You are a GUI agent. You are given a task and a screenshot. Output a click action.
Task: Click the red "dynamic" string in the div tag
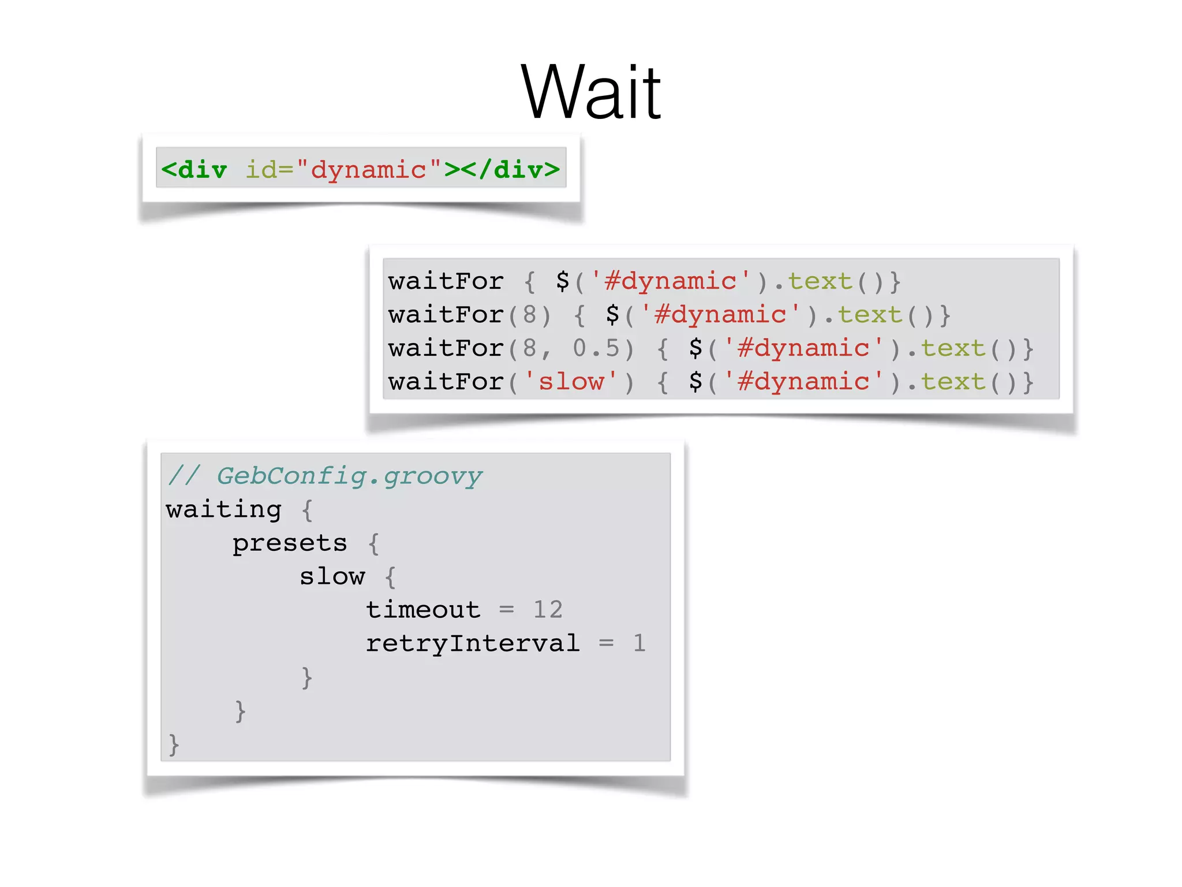(x=368, y=170)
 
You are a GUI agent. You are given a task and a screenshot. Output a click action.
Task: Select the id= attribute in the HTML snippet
(x=270, y=170)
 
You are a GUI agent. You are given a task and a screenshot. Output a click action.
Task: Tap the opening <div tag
(x=194, y=170)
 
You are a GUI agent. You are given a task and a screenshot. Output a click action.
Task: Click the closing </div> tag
(x=510, y=170)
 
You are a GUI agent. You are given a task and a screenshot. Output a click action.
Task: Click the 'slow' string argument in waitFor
(x=571, y=382)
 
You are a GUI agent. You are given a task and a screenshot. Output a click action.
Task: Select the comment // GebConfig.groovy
(x=325, y=476)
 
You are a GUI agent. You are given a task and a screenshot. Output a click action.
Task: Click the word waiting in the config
(x=224, y=509)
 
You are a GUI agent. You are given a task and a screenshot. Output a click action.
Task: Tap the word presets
(x=290, y=543)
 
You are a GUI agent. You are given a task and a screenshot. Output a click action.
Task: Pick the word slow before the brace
(x=332, y=576)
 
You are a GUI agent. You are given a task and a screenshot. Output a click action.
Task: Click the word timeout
(x=423, y=610)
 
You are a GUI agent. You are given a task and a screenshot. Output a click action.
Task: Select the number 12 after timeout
(x=548, y=610)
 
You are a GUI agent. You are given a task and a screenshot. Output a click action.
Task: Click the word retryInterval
(x=473, y=643)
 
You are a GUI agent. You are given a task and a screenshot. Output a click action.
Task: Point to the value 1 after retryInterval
(x=639, y=643)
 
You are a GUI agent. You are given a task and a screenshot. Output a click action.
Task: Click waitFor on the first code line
(x=446, y=281)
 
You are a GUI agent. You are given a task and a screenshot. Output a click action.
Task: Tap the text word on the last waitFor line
(x=953, y=382)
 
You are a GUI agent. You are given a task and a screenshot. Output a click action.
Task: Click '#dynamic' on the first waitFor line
(x=671, y=281)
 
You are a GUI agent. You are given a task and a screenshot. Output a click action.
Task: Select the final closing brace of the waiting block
(x=174, y=744)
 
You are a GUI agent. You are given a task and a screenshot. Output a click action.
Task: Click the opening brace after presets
(x=374, y=543)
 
